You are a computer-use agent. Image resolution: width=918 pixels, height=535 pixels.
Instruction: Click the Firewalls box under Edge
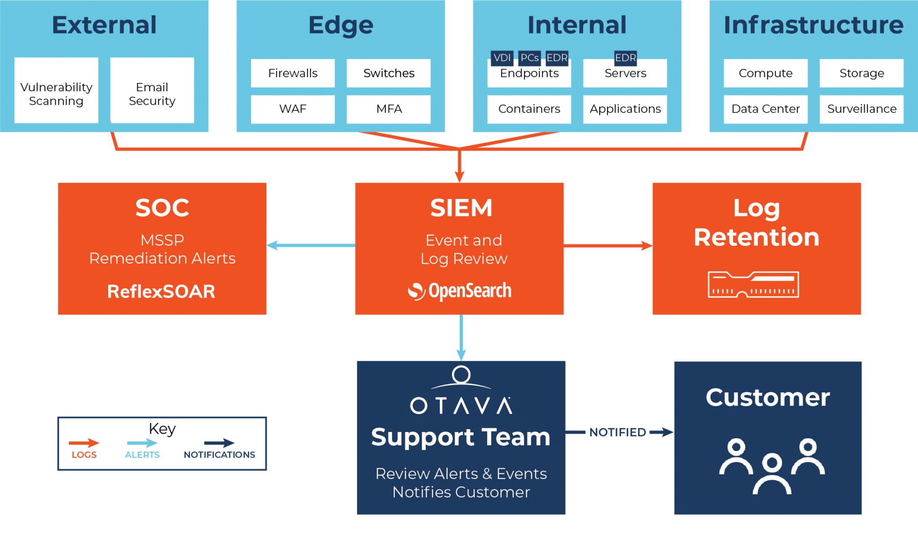click(x=293, y=73)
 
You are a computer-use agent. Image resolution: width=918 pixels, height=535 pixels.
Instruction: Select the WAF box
click(x=293, y=109)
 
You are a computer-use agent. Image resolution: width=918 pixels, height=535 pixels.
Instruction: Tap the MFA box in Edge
click(x=389, y=109)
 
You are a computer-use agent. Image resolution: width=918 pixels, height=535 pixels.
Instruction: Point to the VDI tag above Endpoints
click(x=502, y=58)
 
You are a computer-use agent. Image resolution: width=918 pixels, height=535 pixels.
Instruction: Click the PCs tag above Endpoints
click(x=529, y=58)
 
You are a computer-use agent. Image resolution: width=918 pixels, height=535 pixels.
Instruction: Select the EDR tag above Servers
click(x=625, y=57)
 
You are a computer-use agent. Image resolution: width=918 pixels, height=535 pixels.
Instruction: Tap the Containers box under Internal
click(x=529, y=109)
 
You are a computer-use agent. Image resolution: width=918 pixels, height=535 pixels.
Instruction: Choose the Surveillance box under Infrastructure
click(x=862, y=109)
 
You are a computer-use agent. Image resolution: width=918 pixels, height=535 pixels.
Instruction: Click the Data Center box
click(x=765, y=109)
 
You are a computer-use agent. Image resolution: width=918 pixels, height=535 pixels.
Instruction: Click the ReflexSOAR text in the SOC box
click(x=161, y=292)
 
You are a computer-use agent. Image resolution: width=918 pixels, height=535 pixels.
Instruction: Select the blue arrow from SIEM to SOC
click(x=311, y=245)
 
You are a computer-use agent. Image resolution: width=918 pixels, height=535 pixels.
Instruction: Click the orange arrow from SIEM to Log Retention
click(x=607, y=245)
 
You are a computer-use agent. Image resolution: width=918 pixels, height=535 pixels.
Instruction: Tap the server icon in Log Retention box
click(x=753, y=284)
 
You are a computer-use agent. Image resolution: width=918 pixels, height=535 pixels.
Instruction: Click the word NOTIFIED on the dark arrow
click(x=618, y=432)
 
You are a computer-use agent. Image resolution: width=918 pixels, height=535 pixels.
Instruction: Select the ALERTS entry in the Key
click(x=142, y=449)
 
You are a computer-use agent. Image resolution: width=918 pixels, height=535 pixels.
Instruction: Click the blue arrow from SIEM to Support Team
click(x=461, y=337)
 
